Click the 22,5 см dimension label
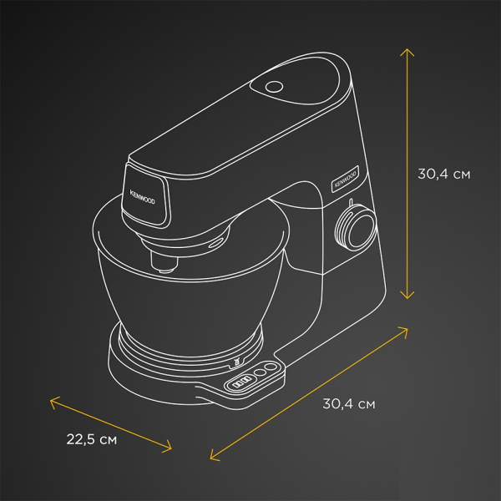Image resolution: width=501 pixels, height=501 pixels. (x=92, y=439)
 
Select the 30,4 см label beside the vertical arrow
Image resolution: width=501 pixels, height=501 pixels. (x=444, y=175)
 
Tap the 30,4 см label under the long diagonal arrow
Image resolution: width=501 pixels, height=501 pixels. (x=349, y=403)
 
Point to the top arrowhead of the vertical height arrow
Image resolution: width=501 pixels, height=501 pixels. (x=407, y=52)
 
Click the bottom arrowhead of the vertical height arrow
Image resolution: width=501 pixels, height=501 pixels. (x=407, y=296)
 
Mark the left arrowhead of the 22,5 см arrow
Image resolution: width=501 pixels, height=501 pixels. (x=53, y=401)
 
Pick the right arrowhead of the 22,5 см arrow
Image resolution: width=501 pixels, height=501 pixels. (x=169, y=448)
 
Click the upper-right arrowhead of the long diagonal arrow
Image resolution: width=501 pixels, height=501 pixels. (x=404, y=330)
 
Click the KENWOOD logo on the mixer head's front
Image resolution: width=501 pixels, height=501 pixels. (x=142, y=197)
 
